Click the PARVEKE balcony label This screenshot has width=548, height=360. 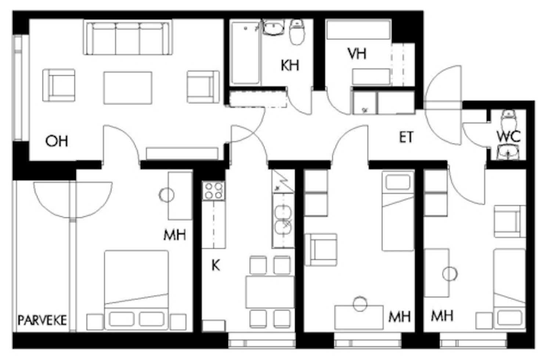42,320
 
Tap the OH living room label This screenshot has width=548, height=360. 57,141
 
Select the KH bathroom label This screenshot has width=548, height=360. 290,65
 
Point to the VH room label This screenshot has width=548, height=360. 357,54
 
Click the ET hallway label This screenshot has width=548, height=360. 406,137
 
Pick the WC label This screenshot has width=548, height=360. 508,136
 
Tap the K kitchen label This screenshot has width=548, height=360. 216,266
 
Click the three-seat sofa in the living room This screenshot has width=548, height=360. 128,37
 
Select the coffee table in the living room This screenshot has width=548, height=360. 128,88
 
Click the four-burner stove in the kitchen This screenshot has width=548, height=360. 213,191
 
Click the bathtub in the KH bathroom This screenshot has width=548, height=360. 245,53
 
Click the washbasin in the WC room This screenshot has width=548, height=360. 508,152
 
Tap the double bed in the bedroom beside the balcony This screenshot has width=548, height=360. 136,290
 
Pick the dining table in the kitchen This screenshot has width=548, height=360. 270,292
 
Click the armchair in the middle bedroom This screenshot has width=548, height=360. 321,250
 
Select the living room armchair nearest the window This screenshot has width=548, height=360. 59,85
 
